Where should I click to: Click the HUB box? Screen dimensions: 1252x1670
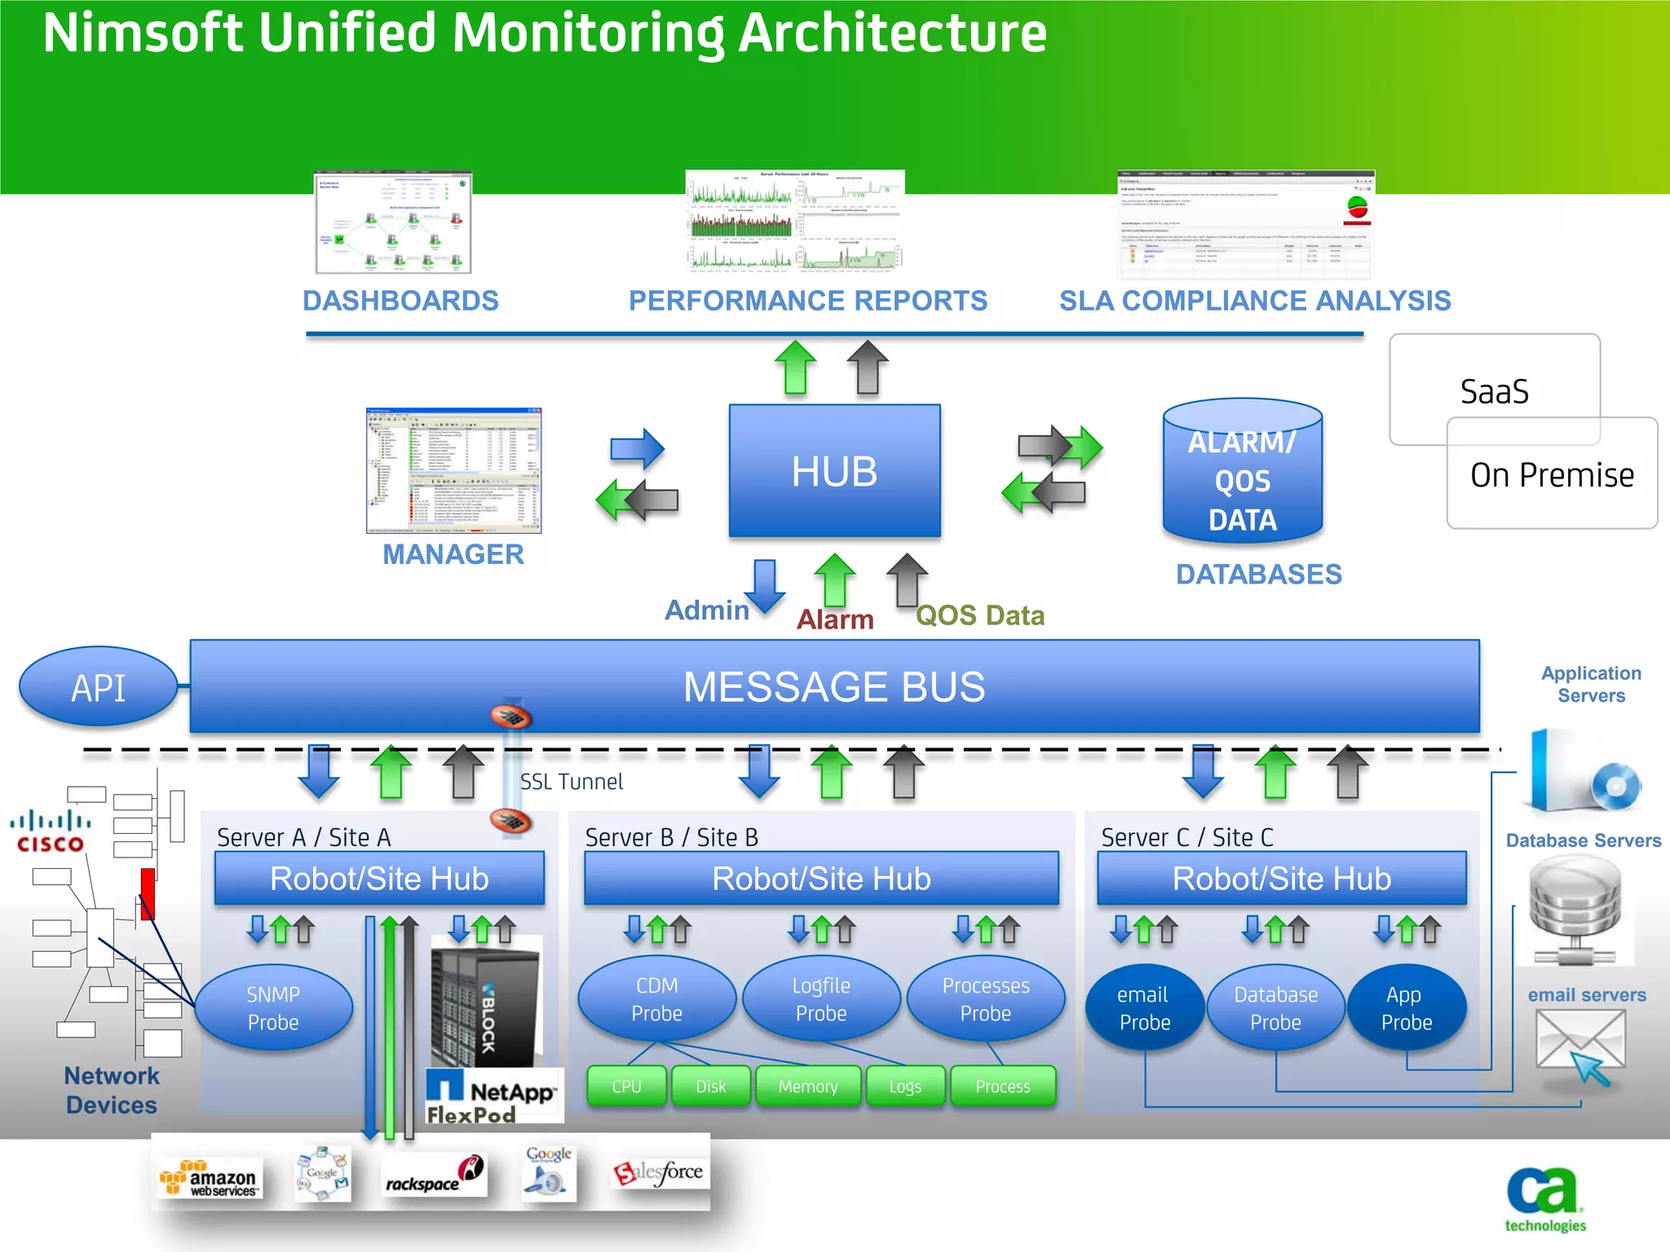click(834, 471)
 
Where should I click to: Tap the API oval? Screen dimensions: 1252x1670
click(99, 687)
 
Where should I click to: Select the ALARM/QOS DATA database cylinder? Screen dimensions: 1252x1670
click(1242, 473)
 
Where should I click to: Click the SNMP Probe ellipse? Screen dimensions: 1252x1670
click(273, 1008)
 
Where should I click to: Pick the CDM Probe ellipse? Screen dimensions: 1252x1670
click(656, 999)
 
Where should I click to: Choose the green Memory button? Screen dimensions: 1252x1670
click(807, 1087)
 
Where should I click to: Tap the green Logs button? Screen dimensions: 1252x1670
click(905, 1087)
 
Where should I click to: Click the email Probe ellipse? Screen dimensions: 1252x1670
click(1143, 1008)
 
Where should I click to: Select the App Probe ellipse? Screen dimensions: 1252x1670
click(1405, 1008)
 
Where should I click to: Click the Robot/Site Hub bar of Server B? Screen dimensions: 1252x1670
click(821, 879)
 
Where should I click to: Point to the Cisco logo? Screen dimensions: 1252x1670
click(51, 831)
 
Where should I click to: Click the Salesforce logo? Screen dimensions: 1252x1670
click(659, 1173)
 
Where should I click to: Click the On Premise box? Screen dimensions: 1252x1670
click(1552, 475)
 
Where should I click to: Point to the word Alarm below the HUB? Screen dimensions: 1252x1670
click(835, 619)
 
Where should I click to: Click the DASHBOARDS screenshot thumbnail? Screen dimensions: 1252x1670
click(394, 223)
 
